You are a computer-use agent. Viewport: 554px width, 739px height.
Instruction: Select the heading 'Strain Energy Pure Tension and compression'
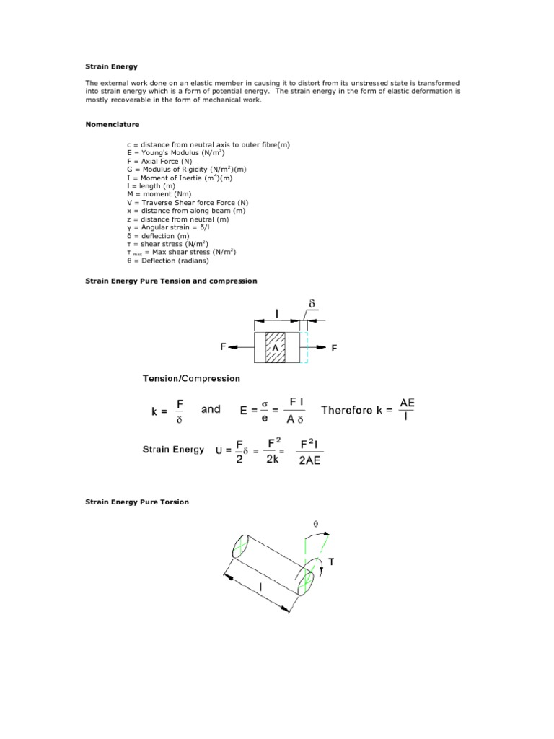click(171, 280)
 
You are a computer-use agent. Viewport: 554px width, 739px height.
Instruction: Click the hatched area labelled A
click(275, 348)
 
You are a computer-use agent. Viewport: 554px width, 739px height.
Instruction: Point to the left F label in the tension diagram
click(224, 347)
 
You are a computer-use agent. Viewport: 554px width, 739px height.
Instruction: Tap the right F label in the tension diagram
click(334, 349)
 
